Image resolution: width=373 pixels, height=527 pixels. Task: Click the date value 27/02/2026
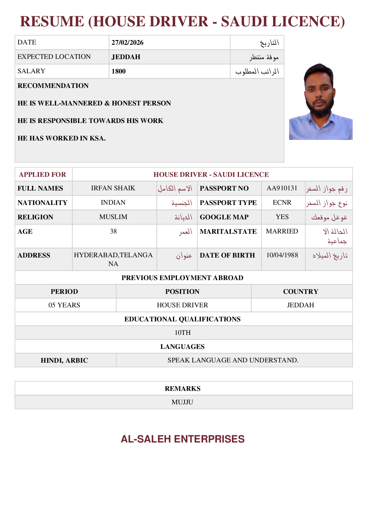pos(127,43)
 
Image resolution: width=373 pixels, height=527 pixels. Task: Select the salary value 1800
pos(118,71)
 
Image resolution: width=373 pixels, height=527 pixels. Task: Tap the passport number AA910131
pos(282,188)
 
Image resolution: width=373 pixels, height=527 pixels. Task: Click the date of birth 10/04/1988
pos(282,255)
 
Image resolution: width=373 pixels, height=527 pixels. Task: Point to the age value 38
pos(113,231)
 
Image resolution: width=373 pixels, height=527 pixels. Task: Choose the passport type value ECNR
pos(282,202)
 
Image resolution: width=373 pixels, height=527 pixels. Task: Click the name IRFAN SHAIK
pos(113,188)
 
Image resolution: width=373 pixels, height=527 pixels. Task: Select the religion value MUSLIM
pos(113,217)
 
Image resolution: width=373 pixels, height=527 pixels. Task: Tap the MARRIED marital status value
pos(282,231)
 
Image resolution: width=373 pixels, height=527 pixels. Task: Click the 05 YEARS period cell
pos(64,305)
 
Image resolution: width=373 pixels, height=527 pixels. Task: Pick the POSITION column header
pos(182,292)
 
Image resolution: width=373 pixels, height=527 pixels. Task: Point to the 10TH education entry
pos(183,333)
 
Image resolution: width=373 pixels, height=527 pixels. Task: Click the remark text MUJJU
pos(182,402)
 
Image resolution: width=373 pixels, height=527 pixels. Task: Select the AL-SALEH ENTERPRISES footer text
pos(183,439)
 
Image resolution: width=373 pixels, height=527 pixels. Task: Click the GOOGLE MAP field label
pos(224,217)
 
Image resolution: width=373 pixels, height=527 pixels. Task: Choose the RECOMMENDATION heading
pos(53,86)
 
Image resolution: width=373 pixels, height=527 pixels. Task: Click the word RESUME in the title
pos(52,22)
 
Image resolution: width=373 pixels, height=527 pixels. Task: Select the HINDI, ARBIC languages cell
pos(64,361)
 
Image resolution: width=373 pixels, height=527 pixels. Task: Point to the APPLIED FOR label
pos(43,175)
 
